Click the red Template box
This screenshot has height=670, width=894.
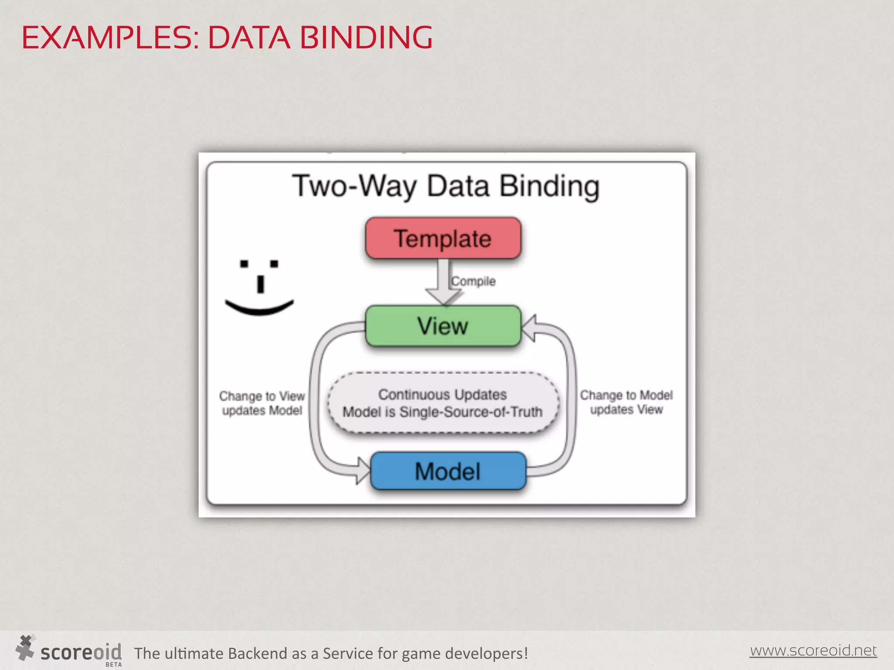tap(443, 238)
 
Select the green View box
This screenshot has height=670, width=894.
tap(443, 326)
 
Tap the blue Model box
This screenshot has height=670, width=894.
tap(448, 471)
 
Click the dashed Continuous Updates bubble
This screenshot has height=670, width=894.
tap(443, 403)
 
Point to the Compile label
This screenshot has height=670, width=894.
tap(474, 281)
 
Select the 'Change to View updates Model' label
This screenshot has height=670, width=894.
tap(262, 403)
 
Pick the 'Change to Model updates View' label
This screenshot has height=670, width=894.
tap(626, 402)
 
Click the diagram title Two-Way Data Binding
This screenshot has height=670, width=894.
tap(446, 186)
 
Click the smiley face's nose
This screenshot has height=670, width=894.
tap(261, 284)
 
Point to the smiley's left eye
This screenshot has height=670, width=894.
tap(244, 264)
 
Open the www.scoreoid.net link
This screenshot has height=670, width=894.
tap(813, 650)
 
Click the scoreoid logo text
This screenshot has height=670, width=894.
tap(81, 652)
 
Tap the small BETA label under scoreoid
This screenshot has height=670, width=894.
tap(114, 665)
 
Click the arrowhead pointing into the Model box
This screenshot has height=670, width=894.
tap(363, 471)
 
